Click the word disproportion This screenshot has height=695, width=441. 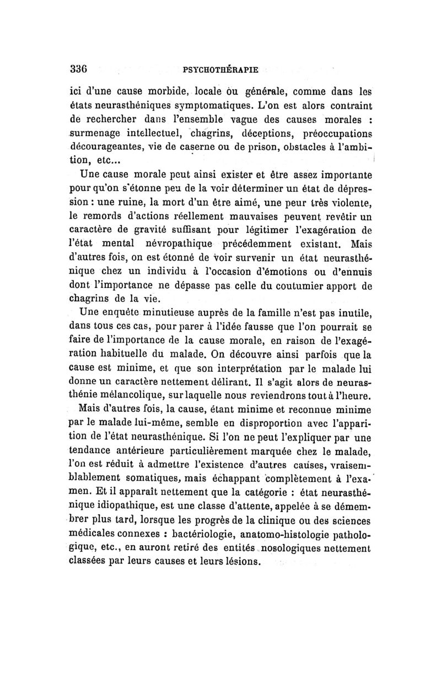(x=260, y=425)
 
